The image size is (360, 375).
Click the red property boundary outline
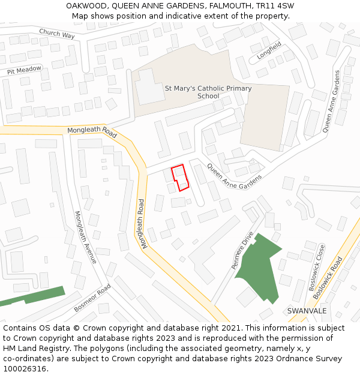pyautogui.click(x=180, y=178)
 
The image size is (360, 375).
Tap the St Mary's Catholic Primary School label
pyautogui.click(x=208, y=92)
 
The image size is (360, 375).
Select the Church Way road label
pyautogui.click(x=57, y=34)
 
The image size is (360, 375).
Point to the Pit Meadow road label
pyautogui.click(x=25, y=70)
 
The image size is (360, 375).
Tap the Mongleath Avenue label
pyautogui.click(x=85, y=236)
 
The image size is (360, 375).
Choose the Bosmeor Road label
pyautogui.click(x=93, y=298)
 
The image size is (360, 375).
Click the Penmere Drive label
pyautogui.click(x=243, y=250)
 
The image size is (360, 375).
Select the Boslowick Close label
pyautogui.click(x=317, y=268)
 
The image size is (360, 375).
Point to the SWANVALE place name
pyautogui.click(x=307, y=311)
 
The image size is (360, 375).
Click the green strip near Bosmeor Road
pyautogui.click(x=33, y=296)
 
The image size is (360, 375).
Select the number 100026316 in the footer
pyautogui.click(x=25, y=368)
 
